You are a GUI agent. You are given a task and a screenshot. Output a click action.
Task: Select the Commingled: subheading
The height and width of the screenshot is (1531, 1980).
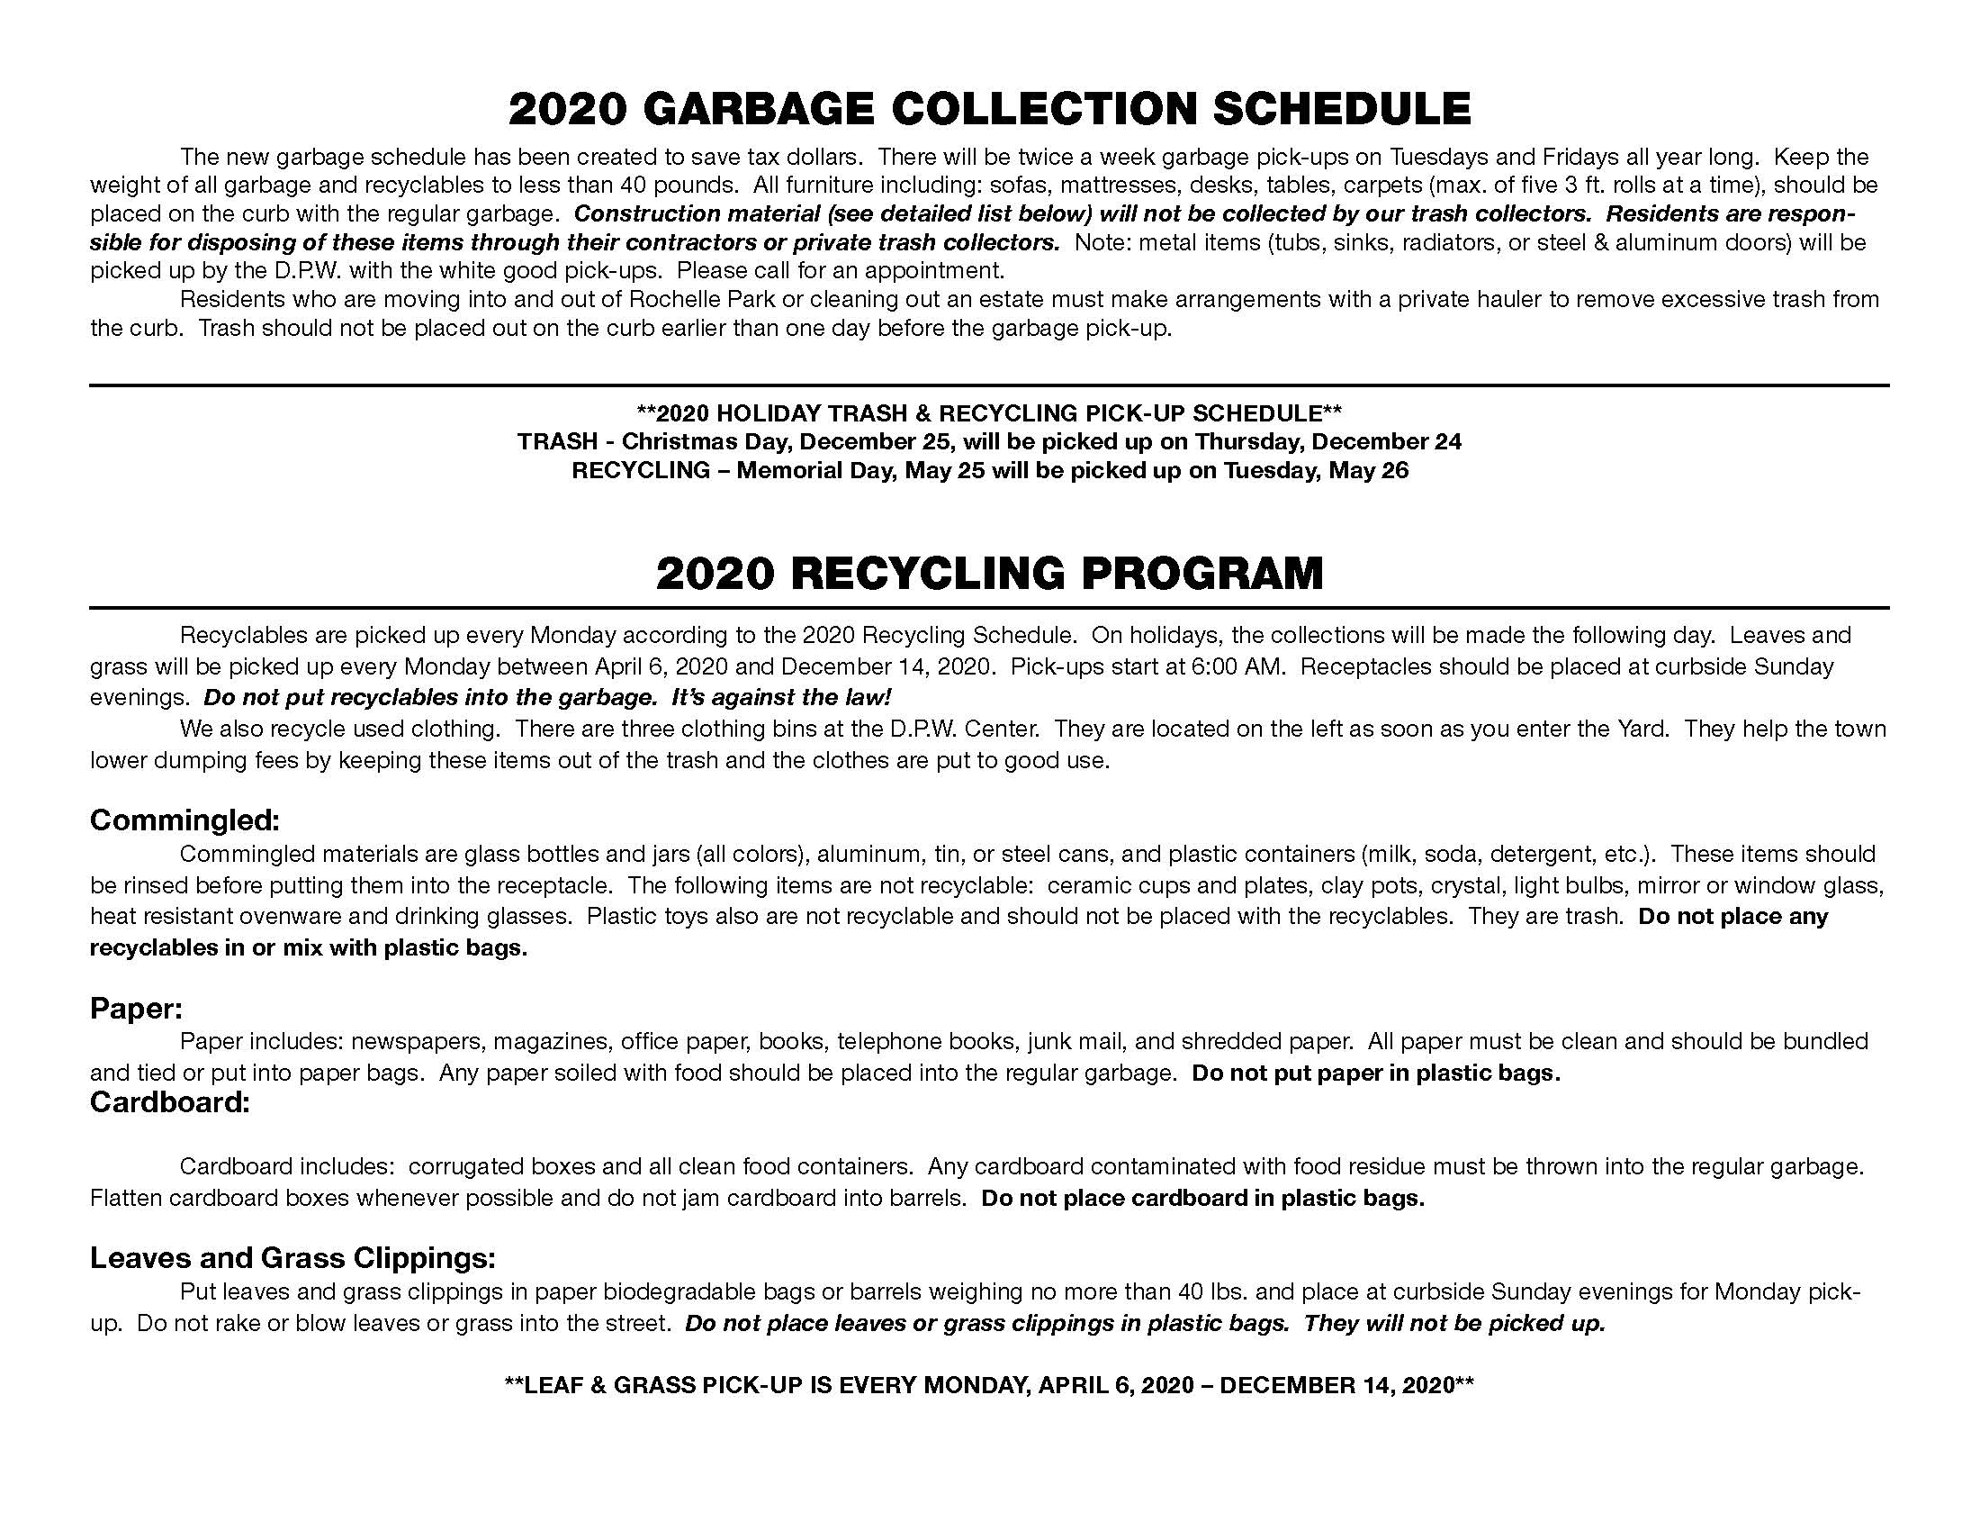(x=184, y=820)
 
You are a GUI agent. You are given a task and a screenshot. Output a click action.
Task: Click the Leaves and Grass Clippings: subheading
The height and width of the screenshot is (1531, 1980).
(x=292, y=1257)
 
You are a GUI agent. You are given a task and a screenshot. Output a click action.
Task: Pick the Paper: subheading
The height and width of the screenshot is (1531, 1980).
(x=136, y=1008)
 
